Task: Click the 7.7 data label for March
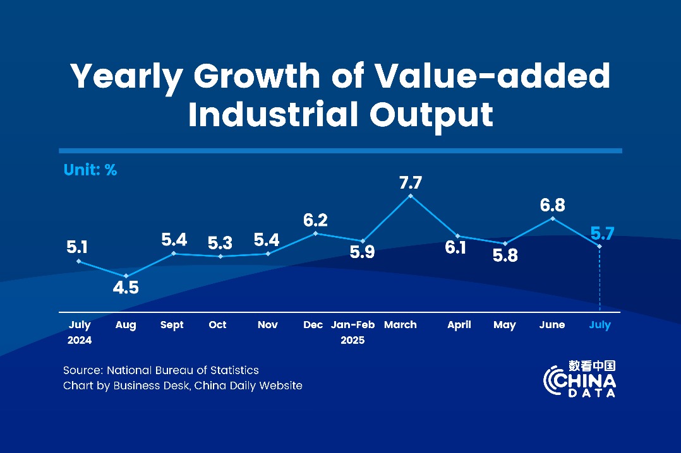(411, 183)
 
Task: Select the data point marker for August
(126, 276)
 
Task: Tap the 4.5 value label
(126, 288)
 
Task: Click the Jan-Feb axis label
(353, 325)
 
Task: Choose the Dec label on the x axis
(313, 325)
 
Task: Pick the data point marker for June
(553, 218)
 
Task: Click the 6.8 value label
(553, 205)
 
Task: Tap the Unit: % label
(90, 170)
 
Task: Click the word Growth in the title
(256, 76)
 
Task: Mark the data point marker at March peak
(411, 196)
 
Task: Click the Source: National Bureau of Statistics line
(161, 370)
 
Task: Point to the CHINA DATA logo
(579, 380)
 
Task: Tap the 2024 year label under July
(80, 340)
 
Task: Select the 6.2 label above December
(315, 220)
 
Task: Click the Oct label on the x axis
(217, 325)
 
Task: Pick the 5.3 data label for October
(220, 243)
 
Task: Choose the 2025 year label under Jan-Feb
(353, 340)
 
